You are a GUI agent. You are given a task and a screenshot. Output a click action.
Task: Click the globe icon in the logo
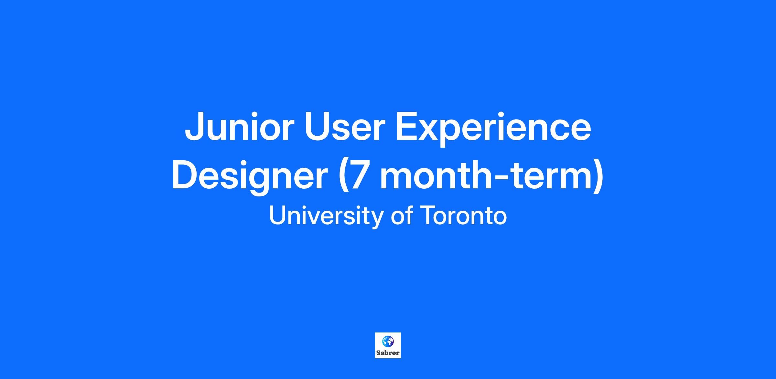pyautogui.click(x=388, y=341)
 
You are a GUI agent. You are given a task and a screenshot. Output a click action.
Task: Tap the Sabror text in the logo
pyautogui.click(x=388, y=353)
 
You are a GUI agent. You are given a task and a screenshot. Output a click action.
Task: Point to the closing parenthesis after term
pyautogui.click(x=598, y=177)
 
